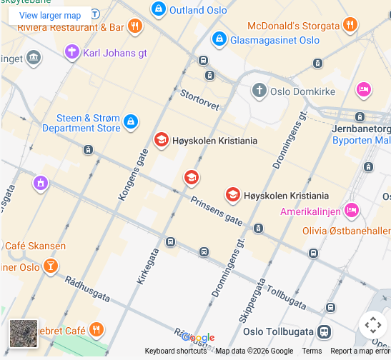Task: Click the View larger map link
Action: (50, 15)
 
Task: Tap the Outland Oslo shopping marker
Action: (159, 9)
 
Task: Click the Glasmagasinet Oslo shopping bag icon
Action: (219, 40)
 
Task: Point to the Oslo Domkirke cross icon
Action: (259, 91)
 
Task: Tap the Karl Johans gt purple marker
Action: (71, 52)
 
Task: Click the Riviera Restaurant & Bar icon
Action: (135, 27)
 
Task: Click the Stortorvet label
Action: (199, 99)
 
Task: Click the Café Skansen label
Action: (36, 246)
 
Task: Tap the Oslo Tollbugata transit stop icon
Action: (325, 332)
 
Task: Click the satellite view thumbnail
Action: (23, 333)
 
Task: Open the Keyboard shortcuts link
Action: (176, 351)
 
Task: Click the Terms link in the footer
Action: (312, 351)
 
